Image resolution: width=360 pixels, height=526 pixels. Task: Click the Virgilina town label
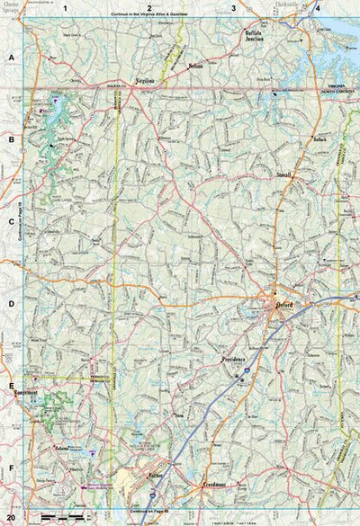point(145,81)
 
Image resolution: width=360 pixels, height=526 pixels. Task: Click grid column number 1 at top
point(65,7)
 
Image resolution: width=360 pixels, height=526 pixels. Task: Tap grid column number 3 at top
point(233,7)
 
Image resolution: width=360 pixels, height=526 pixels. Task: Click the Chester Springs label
point(12,12)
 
